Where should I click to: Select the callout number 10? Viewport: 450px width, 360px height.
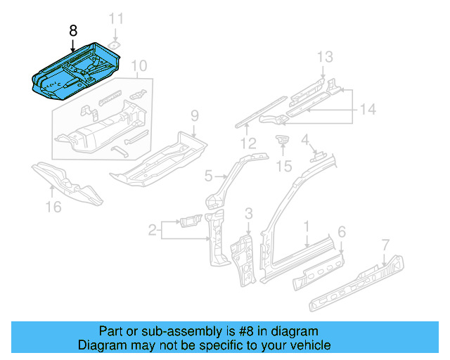(x=139, y=67)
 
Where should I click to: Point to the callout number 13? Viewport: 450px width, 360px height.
(x=323, y=56)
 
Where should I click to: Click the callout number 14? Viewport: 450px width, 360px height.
(x=368, y=109)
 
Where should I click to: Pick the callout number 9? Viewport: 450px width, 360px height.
(x=195, y=115)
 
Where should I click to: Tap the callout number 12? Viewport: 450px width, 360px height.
(x=247, y=144)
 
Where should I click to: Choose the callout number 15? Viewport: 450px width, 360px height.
(x=283, y=166)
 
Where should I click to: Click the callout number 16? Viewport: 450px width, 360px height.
(x=53, y=206)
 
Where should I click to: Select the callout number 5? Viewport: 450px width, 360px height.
(x=209, y=175)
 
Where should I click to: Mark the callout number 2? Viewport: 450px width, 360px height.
(x=153, y=229)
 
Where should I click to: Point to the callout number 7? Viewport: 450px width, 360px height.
(x=385, y=245)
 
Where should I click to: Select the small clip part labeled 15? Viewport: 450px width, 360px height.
(x=283, y=141)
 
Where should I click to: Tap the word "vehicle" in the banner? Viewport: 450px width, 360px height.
(x=310, y=345)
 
